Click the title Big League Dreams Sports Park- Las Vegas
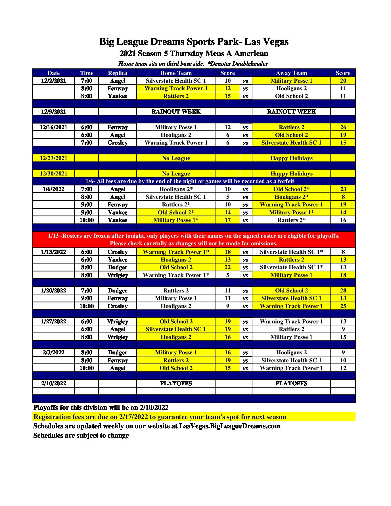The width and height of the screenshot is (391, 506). pyautogui.click(x=194, y=42)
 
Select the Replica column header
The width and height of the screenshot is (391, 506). pyautogui.click(x=118, y=73)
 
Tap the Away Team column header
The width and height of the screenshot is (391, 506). pyautogui.click(x=291, y=73)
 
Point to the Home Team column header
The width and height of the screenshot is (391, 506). pyautogui.click(x=176, y=73)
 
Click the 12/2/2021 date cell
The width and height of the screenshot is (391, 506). pyautogui.click(x=53, y=81)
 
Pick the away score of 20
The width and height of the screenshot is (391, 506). pyautogui.click(x=343, y=81)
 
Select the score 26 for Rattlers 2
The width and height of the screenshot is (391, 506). pyautogui.click(x=343, y=127)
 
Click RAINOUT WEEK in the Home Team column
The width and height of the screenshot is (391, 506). pyautogui.click(x=176, y=112)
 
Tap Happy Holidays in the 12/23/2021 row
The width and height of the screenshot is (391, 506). pyautogui.click(x=291, y=158)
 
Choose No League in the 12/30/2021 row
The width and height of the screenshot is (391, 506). pyautogui.click(x=176, y=173)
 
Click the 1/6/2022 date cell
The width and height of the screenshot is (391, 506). pyautogui.click(x=53, y=189)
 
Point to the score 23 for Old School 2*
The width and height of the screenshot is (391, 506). pyautogui.click(x=343, y=189)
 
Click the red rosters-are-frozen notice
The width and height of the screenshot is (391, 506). pyautogui.click(x=194, y=239)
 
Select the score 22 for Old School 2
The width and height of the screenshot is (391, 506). pyautogui.click(x=227, y=267)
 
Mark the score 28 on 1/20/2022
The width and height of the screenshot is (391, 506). pyautogui.click(x=343, y=290)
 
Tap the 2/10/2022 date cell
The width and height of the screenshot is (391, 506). pyautogui.click(x=53, y=383)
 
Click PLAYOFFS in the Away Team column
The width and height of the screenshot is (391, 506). pyautogui.click(x=291, y=383)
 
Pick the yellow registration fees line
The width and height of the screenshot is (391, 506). pyautogui.click(x=160, y=417)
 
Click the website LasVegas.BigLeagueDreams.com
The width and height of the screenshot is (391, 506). pyautogui.click(x=229, y=426)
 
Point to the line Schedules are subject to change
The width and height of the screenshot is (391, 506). pyautogui.click(x=81, y=435)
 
